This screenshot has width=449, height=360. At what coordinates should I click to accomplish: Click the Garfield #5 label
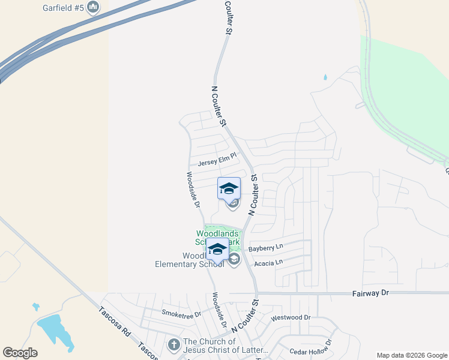tap(63, 8)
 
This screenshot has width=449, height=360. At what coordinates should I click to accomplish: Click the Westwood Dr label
tap(291, 317)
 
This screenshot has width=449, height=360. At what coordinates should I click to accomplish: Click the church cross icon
tap(173, 345)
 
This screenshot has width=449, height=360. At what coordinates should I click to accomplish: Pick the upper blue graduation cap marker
tap(229, 188)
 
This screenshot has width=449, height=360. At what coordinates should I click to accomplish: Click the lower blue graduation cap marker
tap(217, 248)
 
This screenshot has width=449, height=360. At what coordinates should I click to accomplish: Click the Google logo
tap(20, 353)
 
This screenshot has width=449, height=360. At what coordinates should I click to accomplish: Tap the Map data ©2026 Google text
tap(412, 355)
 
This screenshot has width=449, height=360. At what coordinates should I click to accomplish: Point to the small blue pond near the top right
tap(325, 77)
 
